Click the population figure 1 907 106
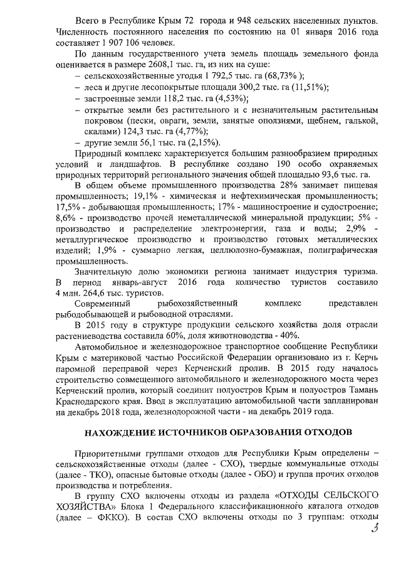[120, 43]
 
